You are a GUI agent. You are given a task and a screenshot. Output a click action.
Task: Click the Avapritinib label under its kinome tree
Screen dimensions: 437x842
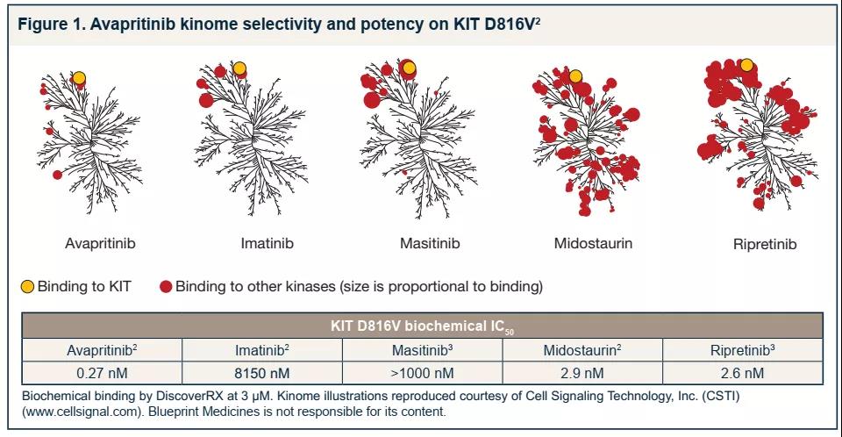[100, 243]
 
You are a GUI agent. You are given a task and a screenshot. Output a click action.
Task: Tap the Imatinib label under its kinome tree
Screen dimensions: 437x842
[267, 243]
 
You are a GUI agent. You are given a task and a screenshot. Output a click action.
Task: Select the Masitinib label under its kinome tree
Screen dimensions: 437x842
[430, 243]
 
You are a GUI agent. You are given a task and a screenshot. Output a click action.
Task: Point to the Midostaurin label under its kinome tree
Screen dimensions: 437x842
[593, 243]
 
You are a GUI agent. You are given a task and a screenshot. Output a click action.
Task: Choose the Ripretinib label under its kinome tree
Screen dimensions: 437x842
[765, 244]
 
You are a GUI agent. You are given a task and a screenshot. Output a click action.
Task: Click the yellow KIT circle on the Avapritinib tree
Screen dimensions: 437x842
[79, 78]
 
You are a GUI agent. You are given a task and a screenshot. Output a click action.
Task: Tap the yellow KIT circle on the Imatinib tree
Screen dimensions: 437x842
[239, 69]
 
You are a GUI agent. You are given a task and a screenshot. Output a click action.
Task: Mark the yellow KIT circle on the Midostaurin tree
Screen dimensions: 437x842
[575, 76]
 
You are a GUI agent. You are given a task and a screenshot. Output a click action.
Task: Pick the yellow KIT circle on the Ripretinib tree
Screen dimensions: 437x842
[746, 64]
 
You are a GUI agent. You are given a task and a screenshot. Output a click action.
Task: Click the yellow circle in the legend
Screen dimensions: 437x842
[28, 287]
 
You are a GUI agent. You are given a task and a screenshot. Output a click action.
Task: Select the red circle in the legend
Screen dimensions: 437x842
[165, 287]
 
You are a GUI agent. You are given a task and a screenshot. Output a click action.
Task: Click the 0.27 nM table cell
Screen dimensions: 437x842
[102, 373]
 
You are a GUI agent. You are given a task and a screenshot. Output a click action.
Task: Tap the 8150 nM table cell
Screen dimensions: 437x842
[262, 373]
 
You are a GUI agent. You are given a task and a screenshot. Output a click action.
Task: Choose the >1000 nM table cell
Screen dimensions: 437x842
[422, 373]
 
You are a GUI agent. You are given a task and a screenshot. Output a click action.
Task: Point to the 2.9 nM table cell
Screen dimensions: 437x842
[582, 373]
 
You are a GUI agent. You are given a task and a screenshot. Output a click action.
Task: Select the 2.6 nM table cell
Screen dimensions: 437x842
[742, 373]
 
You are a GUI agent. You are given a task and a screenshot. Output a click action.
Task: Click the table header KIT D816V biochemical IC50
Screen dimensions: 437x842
[422, 326]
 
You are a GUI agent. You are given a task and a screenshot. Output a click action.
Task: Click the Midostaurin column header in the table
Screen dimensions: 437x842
[582, 351]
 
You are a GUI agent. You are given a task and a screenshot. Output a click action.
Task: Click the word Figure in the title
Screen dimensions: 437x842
[44, 24]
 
